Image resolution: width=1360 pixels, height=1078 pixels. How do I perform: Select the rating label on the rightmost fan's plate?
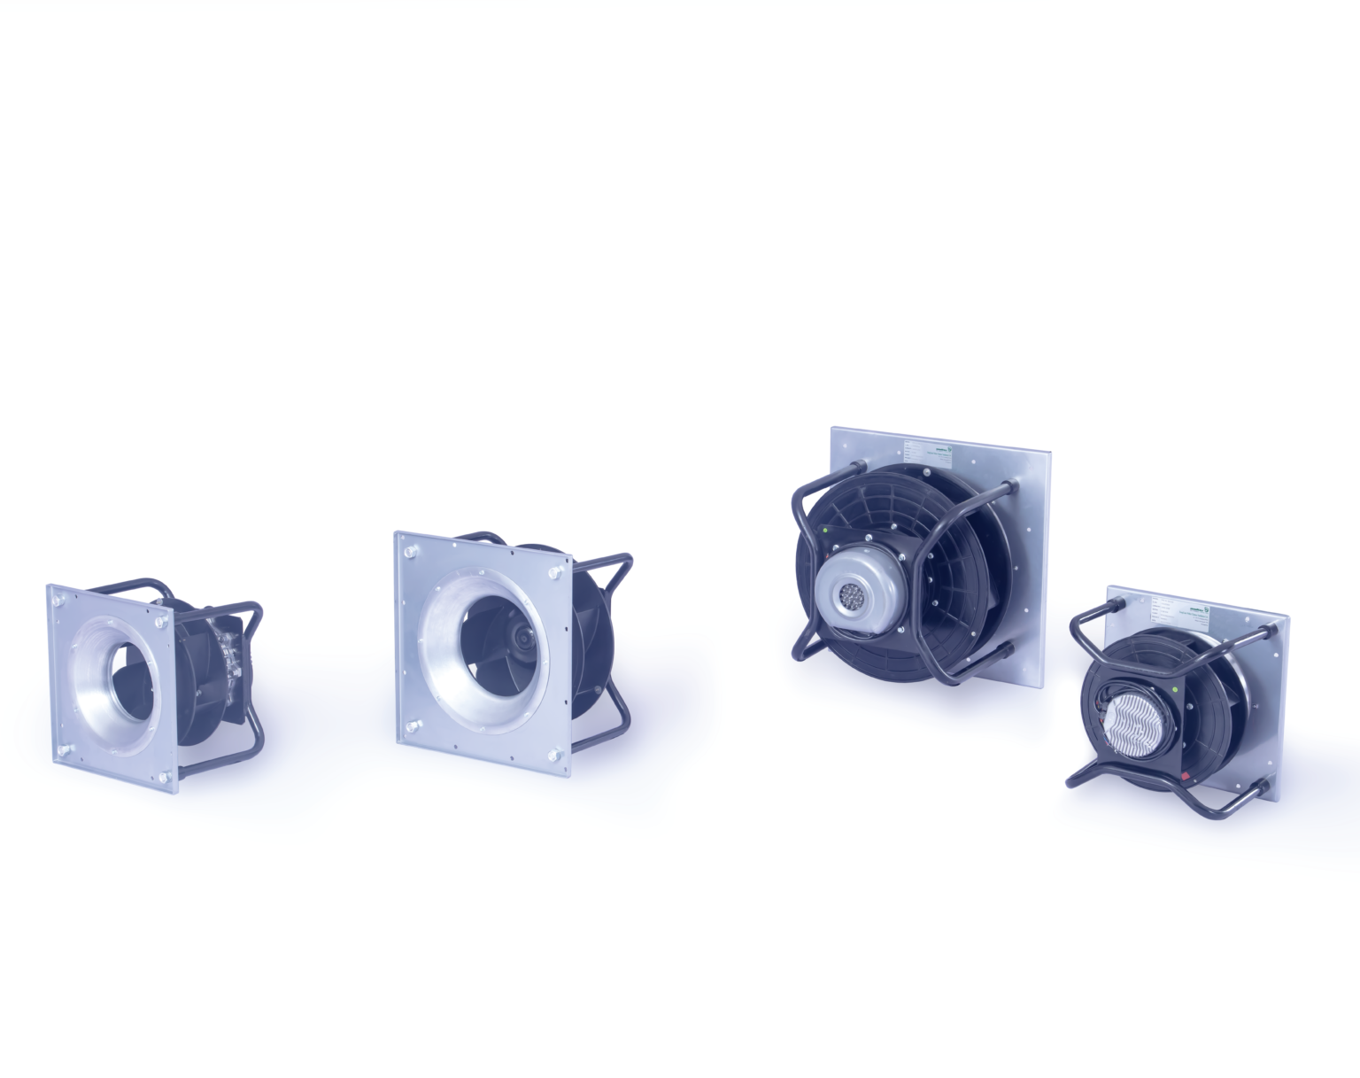click(1171, 611)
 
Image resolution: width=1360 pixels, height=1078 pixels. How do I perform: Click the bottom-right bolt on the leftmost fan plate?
click(166, 778)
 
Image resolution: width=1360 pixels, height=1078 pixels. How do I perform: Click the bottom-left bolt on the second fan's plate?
click(413, 728)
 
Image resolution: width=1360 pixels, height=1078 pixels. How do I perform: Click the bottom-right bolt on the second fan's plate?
click(555, 756)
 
